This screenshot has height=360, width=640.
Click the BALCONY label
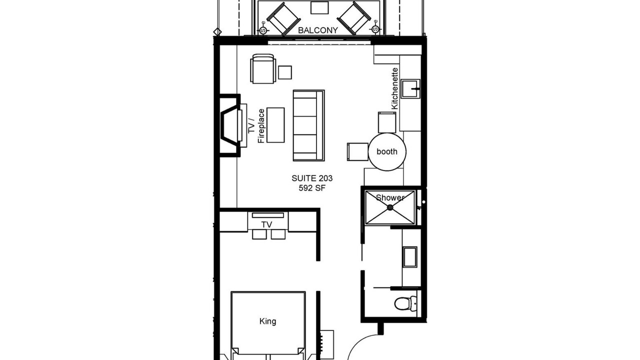coord(317,30)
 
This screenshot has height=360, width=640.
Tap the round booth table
coord(387,151)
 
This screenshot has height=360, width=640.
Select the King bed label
coord(267,321)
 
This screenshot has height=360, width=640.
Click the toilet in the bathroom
coord(405,303)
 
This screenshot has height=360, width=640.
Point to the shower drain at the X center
coord(390,207)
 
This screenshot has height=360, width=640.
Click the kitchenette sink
coord(410,89)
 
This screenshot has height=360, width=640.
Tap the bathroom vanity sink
coord(410,257)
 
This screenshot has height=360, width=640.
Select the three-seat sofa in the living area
coord(308,125)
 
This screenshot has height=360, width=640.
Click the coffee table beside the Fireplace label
coord(275,125)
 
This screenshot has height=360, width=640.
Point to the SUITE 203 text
coord(312,178)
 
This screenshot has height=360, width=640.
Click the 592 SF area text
coord(312,188)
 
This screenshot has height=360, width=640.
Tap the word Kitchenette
coord(394,88)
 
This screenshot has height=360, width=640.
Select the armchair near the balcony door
coord(263,68)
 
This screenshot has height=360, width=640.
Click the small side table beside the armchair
coord(285,72)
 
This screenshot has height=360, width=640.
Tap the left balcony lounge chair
coord(283,19)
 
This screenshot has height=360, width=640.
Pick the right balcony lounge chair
coord(354,18)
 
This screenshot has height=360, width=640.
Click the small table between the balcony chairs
coord(319,7)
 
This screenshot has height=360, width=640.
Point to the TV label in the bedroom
coord(266,225)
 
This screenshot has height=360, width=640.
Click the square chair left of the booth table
coord(357,151)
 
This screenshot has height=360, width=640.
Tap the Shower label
coord(390,197)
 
